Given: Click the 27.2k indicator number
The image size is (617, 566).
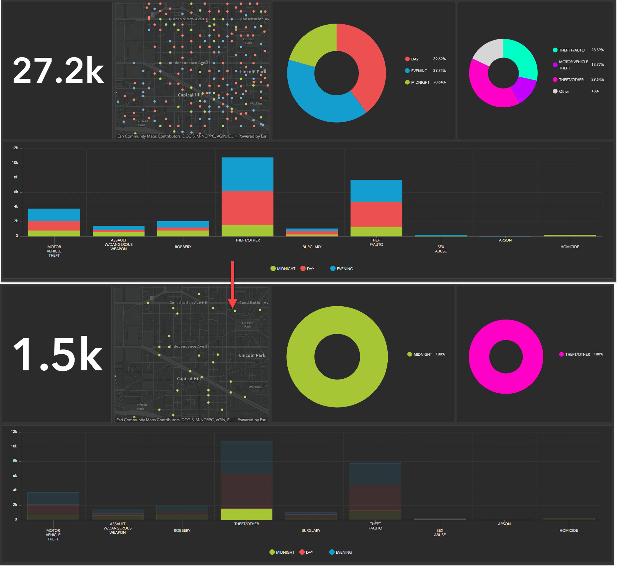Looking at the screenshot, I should coord(58,70).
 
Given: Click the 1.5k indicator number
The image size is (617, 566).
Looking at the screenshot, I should coord(58,354).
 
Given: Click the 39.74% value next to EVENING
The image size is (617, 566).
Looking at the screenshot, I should coord(439,70).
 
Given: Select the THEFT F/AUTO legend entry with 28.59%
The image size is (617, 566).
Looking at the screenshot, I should coord(571,50).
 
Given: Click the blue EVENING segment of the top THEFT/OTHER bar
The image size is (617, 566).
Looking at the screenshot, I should coord(247,174).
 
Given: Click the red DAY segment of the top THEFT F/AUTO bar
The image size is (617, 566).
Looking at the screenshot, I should coord(376,214).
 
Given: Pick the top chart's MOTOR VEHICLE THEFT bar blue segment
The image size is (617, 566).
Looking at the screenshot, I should coord(54,215).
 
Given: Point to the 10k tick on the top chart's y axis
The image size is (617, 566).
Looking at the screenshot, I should coord(15,163).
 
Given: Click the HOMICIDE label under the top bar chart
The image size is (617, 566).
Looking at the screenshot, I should coord(569,247).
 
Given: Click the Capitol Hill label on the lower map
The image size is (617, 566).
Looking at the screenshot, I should coord(189,379).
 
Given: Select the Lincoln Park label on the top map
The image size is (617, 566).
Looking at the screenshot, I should coord(253,72).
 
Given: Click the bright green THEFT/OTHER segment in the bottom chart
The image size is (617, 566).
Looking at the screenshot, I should coord(246,514).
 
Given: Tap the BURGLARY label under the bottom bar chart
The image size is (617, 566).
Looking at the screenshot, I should coord(311,530).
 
